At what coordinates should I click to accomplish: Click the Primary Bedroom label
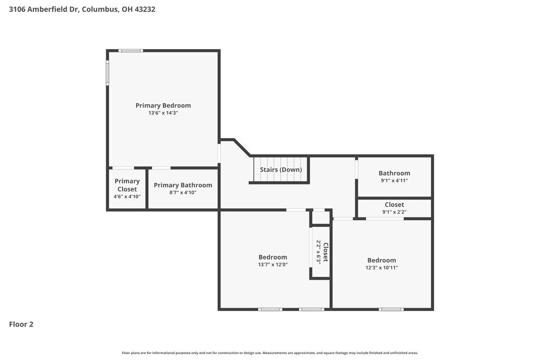(163, 105)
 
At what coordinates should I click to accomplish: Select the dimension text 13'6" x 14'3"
(163, 113)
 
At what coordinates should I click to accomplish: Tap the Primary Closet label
(127, 185)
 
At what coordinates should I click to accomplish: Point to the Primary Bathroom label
(183, 185)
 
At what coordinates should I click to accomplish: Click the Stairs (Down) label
(281, 169)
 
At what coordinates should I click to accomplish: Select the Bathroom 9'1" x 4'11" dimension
(394, 181)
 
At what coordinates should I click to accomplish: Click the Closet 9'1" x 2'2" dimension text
(394, 212)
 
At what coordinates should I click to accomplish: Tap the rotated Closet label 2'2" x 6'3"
(322, 252)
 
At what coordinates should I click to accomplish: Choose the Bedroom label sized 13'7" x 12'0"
(273, 257)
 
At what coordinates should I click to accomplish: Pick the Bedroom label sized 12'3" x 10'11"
(382, 260)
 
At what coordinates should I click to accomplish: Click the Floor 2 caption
(21, 324)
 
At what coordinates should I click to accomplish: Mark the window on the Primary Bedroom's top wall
(131, 51)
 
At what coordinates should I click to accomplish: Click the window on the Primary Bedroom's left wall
(107, 72)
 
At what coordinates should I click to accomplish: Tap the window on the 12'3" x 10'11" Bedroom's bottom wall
(391, 309)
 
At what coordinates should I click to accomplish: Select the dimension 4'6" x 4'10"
(127, 196)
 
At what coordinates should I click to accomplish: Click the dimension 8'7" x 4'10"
(183, 193)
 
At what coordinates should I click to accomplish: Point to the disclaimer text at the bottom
(270, 352)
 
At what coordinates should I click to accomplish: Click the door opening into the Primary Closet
(123, 168)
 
